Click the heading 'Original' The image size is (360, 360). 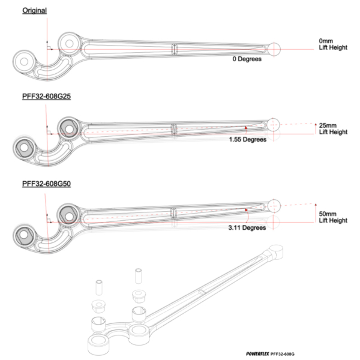[x=35, y=11]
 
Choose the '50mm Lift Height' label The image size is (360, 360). [x=334, y=217]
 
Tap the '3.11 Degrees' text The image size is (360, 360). [x=247, y=228]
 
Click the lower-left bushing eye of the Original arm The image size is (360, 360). [x=25, y=61]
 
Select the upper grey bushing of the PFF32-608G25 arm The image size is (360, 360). [x=67, y=127]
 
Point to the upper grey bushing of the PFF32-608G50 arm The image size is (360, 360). [x=67, y=214]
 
